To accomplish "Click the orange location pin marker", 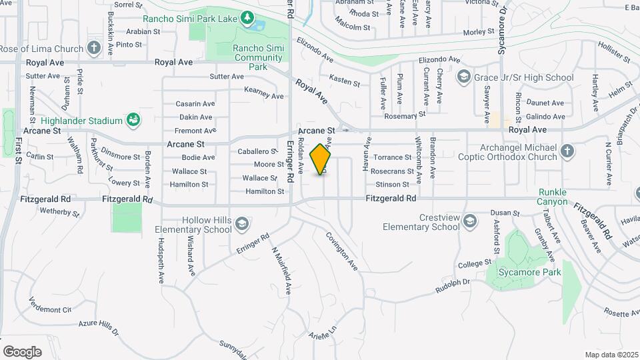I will tap(321, 159).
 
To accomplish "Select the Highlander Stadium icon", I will tap(133, 121).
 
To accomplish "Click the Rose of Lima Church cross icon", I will tap(94, 49).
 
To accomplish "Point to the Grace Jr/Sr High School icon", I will tap(463, 77).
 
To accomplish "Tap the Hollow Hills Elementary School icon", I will tap(242, 224).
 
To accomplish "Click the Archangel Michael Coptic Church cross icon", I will tap(567, 151).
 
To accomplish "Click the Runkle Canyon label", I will tap(553, 197).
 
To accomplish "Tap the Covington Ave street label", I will tap(342, 251).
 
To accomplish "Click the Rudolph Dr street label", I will tap(453, 285).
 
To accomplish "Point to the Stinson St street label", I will tap(392, 184).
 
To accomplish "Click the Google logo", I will tap(22, 351).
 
